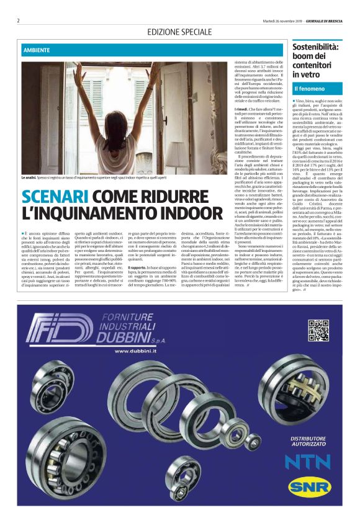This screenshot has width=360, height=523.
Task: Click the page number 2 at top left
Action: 19,20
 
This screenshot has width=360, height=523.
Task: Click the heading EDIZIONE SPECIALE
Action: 179,31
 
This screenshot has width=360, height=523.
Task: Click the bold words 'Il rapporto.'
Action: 137,267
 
